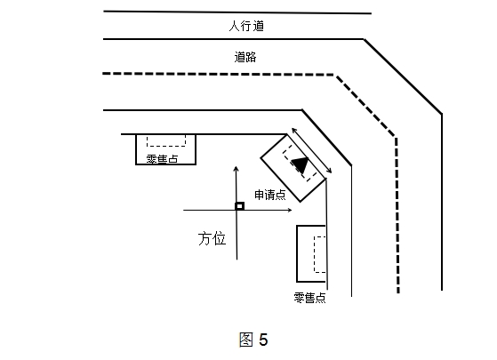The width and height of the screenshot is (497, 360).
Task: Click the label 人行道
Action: [x=246, y=26]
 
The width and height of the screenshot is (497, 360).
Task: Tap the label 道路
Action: [x=245, y=57]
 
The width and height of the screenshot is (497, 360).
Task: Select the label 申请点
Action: [x=270, y=195]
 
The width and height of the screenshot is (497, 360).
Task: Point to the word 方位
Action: [x=212, y=238]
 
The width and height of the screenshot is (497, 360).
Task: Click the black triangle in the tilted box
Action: [x=301, y=164]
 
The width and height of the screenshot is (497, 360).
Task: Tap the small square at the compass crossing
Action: [x=240, y=206]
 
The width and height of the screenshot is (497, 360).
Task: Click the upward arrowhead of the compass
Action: [x=236, y=168]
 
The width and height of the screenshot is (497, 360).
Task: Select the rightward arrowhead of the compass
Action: [x=289, y=210]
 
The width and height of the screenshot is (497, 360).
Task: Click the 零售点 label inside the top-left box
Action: [x=162, y=158]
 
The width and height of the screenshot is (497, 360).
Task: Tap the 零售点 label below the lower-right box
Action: [x=309, y=298]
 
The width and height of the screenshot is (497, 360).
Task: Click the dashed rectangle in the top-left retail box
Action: [x=166, y=140]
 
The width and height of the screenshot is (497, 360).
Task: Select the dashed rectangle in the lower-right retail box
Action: [x=320, y=254]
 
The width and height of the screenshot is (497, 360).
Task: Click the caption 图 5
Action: [x=253, y=340]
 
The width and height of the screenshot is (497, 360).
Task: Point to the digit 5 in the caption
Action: [x=263, y=340]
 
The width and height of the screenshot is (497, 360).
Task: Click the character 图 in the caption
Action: [x=246, y=340]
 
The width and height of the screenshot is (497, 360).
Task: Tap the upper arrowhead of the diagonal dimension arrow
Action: [x=293, y=130]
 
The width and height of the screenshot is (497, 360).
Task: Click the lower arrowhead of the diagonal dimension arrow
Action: [x=329, y=171]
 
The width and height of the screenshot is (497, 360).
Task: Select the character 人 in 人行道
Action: [x=234, y=26]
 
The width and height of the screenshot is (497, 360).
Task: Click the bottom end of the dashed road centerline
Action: [x=398, y=292]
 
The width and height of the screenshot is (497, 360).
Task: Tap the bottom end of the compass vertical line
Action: [x=236, y=260]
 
